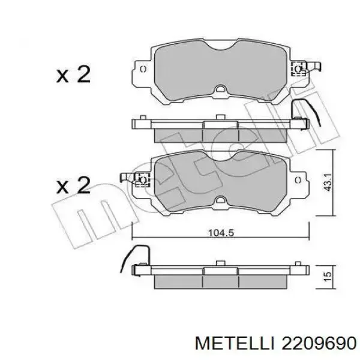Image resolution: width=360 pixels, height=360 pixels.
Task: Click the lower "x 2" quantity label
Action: click(x=73, y=185)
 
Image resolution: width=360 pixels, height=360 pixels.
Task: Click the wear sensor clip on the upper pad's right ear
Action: click(x=298, y=70)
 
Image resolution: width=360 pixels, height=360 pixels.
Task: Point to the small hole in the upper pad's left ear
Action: click(x=143, y=69)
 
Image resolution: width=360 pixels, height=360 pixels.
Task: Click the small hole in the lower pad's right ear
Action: click(x=298, y=179)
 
